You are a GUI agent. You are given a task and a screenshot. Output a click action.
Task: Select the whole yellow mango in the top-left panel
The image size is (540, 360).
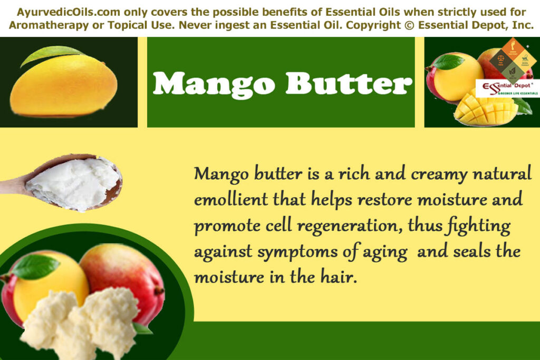click(64, 87)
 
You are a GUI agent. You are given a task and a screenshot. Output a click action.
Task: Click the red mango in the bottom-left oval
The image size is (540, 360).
click(127, 274)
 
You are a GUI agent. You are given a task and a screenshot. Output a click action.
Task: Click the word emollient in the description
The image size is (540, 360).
click(230, 200)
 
